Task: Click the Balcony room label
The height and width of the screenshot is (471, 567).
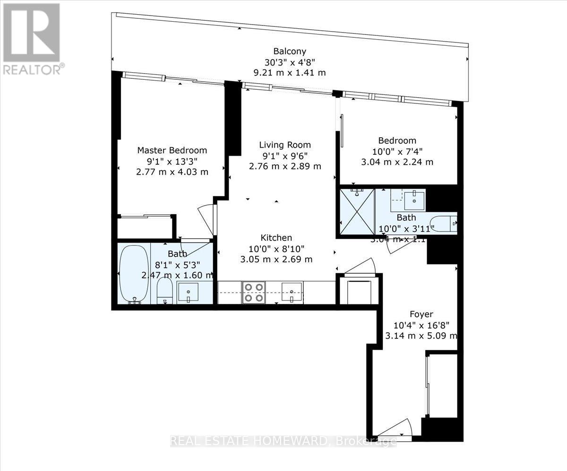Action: (x=290, y=51)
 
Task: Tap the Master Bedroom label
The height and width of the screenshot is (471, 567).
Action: (x=172, y=151)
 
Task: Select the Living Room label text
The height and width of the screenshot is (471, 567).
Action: (x=285, y=145)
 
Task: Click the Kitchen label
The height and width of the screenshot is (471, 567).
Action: (x=276, y=238)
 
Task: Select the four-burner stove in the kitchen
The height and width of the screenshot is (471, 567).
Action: (x=254, y=292)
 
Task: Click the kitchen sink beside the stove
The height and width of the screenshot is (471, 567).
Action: (x=292, y=292)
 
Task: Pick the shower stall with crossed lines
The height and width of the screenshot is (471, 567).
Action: (x=357, y=211)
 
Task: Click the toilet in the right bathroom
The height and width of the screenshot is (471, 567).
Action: (x=443, y=223)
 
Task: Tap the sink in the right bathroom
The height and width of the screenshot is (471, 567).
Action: (x=415, y=199)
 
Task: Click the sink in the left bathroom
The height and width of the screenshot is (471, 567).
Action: (x=191, y=293)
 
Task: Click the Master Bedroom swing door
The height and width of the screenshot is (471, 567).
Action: (x=207, y=219)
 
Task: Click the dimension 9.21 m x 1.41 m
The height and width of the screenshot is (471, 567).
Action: (x=290, y=73)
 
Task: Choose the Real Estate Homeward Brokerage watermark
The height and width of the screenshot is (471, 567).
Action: (x=283, y=442)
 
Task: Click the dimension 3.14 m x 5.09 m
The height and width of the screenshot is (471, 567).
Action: (x=421, y=336)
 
